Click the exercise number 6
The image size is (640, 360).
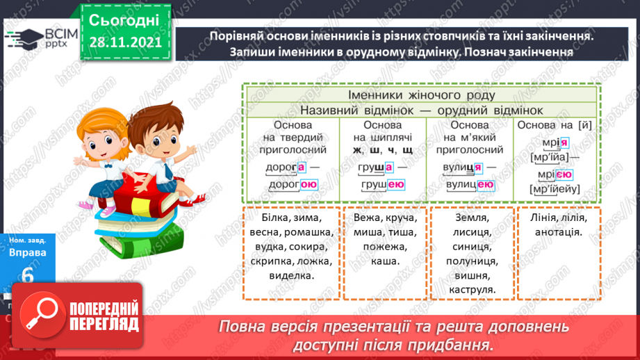(x=28, y=277)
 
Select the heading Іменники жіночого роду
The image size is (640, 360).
(x=421, y=95)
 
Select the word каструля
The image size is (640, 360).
(x=472, y=290)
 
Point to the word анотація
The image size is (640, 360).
(x=558, y=232)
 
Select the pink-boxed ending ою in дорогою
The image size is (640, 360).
(x=308, y=184)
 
